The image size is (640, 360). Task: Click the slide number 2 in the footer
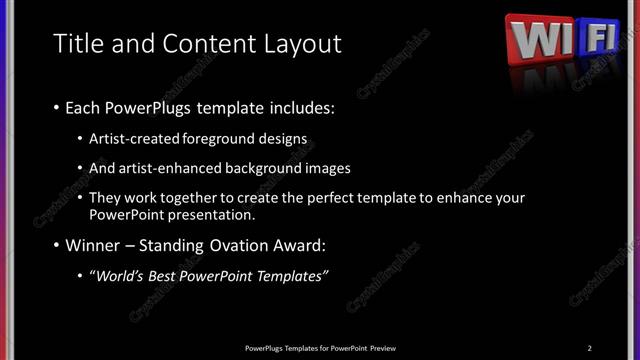click(589, 347)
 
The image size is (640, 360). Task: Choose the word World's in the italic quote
click(123, 275)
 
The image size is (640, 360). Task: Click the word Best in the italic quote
click(172, 275)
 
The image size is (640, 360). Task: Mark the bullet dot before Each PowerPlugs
click(56, 107)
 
